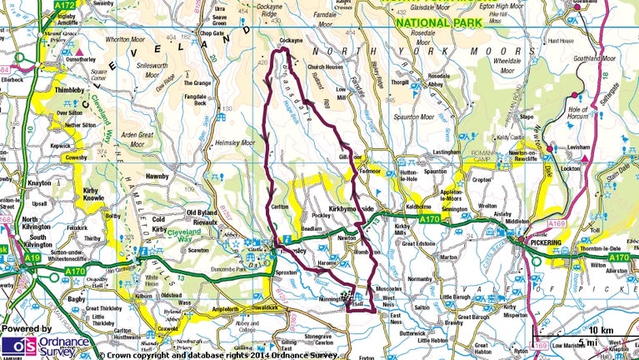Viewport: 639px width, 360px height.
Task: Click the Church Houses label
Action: click(325, 67)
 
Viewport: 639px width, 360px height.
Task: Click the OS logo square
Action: click(16, 345)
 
